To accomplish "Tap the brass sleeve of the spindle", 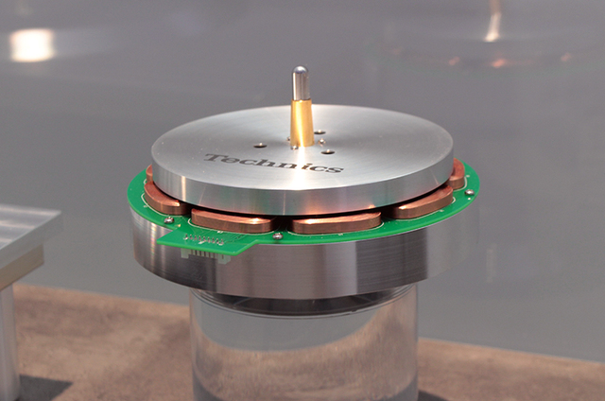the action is (302, 123).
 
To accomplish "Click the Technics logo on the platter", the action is (273, 163).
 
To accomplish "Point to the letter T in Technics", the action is (216, 158).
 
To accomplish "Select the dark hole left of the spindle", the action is (260, 146).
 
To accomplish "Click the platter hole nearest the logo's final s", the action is (328, 151).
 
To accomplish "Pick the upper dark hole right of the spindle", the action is (320, 132).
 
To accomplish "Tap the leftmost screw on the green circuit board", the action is (168, 220).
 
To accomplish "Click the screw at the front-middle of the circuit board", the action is (278, 235).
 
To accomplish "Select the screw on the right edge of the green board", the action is (470, 192).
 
